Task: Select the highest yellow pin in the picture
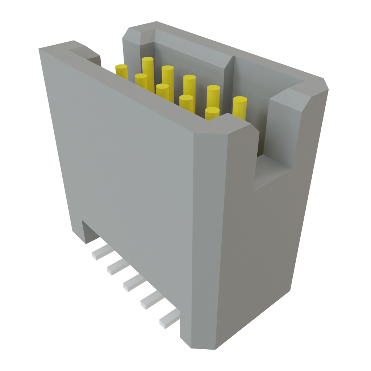tap(148, 61)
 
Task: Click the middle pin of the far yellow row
tap(189, 79)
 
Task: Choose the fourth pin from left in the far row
tap(213, 89)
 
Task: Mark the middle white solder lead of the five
tap(132, 283)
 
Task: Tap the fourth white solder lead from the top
tap(150, 301)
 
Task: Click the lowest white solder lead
tap(168, 320)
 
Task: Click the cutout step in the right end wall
tap(275, 174)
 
